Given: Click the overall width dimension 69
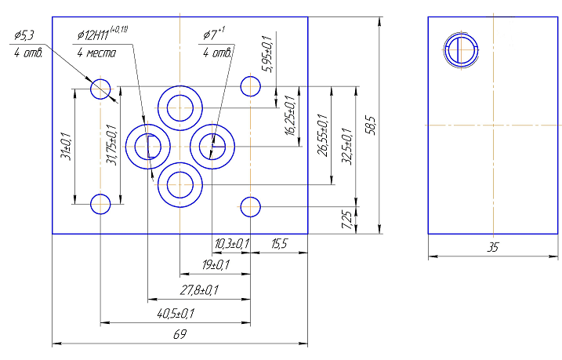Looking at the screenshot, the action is point(180,334).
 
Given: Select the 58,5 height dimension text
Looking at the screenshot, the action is point(371,125).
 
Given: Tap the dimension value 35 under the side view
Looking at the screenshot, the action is point(493,247).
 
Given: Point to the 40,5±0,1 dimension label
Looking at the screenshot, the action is point(176,314).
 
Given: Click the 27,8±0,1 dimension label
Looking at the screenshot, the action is point(199,289).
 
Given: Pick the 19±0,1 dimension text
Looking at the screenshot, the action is point(216,265).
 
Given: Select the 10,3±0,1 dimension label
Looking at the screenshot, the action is point(232,244).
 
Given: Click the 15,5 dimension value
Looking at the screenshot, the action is point(279,244).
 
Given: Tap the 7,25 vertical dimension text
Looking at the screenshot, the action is point(347,220).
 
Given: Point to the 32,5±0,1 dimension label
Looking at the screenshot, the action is point(347,146).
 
